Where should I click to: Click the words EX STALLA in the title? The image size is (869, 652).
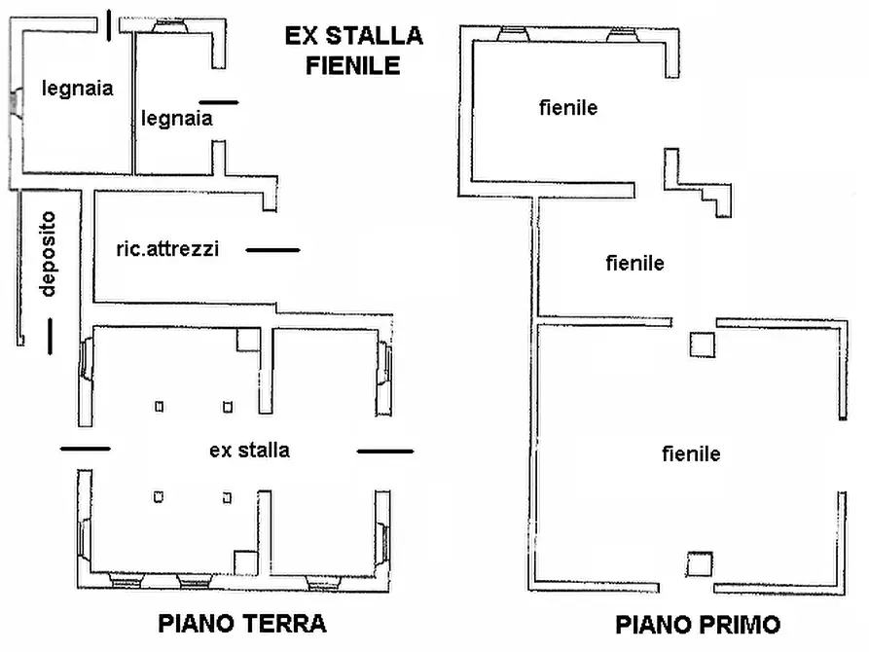click(x=353, y=37)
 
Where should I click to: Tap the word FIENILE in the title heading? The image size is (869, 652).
click(x=352, y=66)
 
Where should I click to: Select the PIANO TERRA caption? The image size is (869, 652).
click(x=241, y=623)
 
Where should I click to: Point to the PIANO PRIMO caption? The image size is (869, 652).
click(x=698, y=624)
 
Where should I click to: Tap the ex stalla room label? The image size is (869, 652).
click(x=249, y=450)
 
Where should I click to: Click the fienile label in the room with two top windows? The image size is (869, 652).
click(x=568, y=108)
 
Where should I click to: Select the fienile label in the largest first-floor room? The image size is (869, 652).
click(x=691, y=453)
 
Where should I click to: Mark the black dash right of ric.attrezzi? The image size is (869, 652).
click(x=273, y=251)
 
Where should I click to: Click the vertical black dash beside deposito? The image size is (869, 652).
click(x=49, y=336)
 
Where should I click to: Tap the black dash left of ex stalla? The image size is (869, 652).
click(x=86, y=449)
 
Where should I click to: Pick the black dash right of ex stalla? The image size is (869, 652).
click(x=385, y=451)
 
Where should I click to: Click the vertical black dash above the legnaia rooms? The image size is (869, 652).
click(x=107, y=25)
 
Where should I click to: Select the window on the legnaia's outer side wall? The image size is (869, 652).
click(x=16, y=102)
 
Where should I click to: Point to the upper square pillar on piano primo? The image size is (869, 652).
click(x=701, y=344)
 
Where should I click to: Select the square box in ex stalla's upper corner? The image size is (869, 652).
click(x=248, y=339)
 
